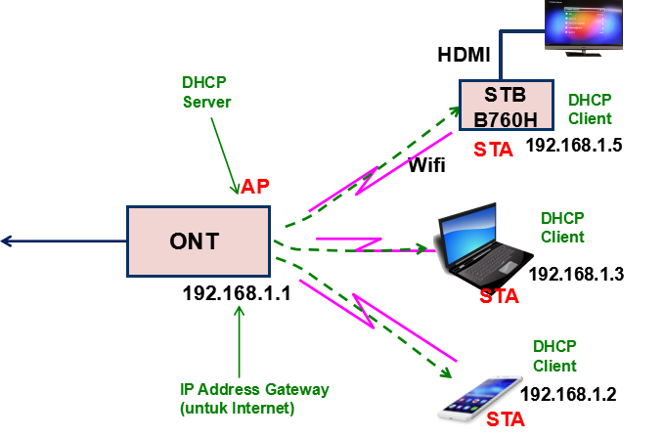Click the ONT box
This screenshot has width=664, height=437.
pyautogui.click(x=199, y=240)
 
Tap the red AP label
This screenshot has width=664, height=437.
pyautogui.click(x=255, y=187)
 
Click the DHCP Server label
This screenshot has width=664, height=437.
pyautogui.click(x=206, y=92)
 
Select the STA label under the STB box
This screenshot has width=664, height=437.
pyautogui.click(x=493, y=150)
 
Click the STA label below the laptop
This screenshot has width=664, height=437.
pyautogui.click(x=499, y=296)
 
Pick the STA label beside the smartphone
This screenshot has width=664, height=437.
pyautogui.click(x=505, y=419)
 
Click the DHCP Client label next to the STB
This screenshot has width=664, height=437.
pyautogui.click(x=590, y=109)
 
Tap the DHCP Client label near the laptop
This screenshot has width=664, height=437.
pyautogui.click(x=562, y=228)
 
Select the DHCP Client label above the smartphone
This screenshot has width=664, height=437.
pyautogui.click(x=554, y=356)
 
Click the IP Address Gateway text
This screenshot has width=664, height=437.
pyautogui.click(x=253, y=389)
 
